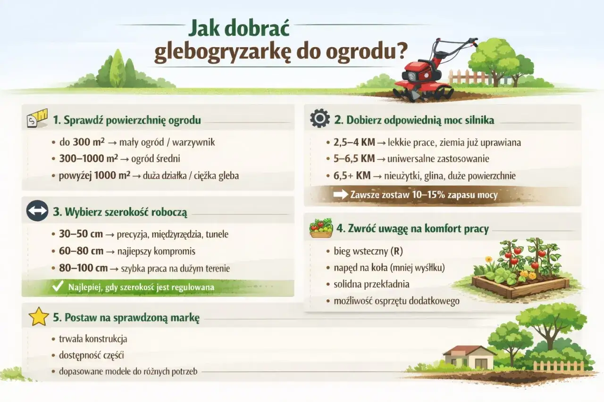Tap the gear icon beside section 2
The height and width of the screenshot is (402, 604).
click(319, 119)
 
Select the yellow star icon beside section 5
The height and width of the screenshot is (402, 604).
click(39, 317)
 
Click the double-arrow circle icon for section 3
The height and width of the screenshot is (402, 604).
click(37, 212)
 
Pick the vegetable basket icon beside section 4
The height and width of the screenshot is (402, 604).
click(320, 228)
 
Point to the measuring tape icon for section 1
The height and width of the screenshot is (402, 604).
click(37, 119)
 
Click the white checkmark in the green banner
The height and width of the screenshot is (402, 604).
click(58, 287)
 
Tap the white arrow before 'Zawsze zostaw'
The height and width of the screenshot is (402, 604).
click(340, 194)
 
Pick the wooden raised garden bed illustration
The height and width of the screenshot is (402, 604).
click(520, 285)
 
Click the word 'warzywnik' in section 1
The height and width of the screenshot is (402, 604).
click(196, 141)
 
